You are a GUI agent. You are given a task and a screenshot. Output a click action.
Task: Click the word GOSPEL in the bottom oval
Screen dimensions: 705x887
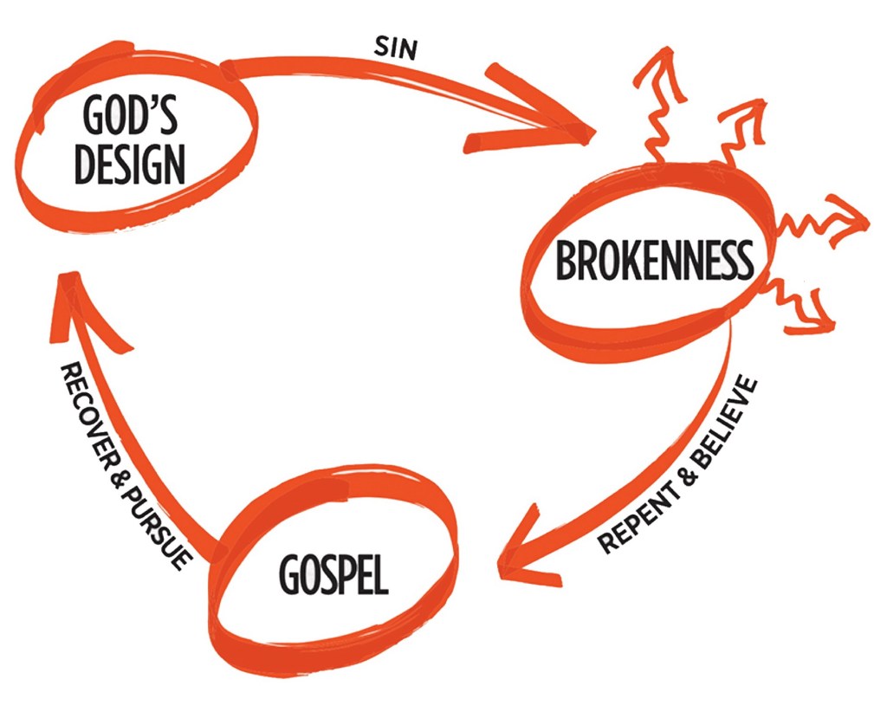pyautogui.click(x=333, y=572)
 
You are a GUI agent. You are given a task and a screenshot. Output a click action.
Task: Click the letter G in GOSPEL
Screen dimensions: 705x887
pyautogui.click(x=289, y=572)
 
